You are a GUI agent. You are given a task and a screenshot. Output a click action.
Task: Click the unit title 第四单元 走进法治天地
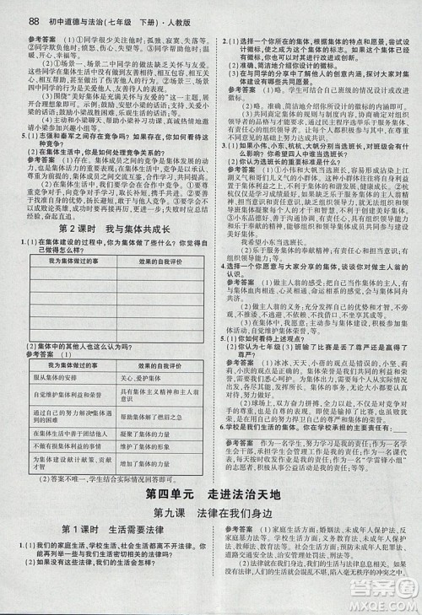(x=210, y=494)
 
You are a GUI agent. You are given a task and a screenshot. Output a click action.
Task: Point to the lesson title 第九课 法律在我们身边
(x=210, y=512)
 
